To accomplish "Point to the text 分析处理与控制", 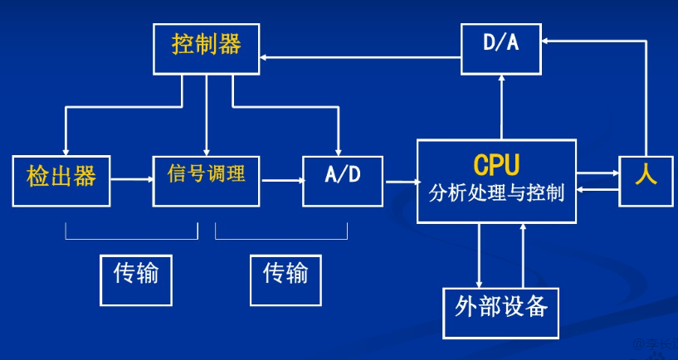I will pyautogui.click(x=496, y=195).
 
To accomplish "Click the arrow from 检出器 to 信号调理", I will pyautogui.click(x=131, y=179).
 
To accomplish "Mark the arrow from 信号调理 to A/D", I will pyautogui.click(x=280, y=179).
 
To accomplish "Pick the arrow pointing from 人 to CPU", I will pyautogui.click(x=598, y=190).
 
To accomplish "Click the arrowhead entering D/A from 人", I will pyautogui.click(x=547, y=39).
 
